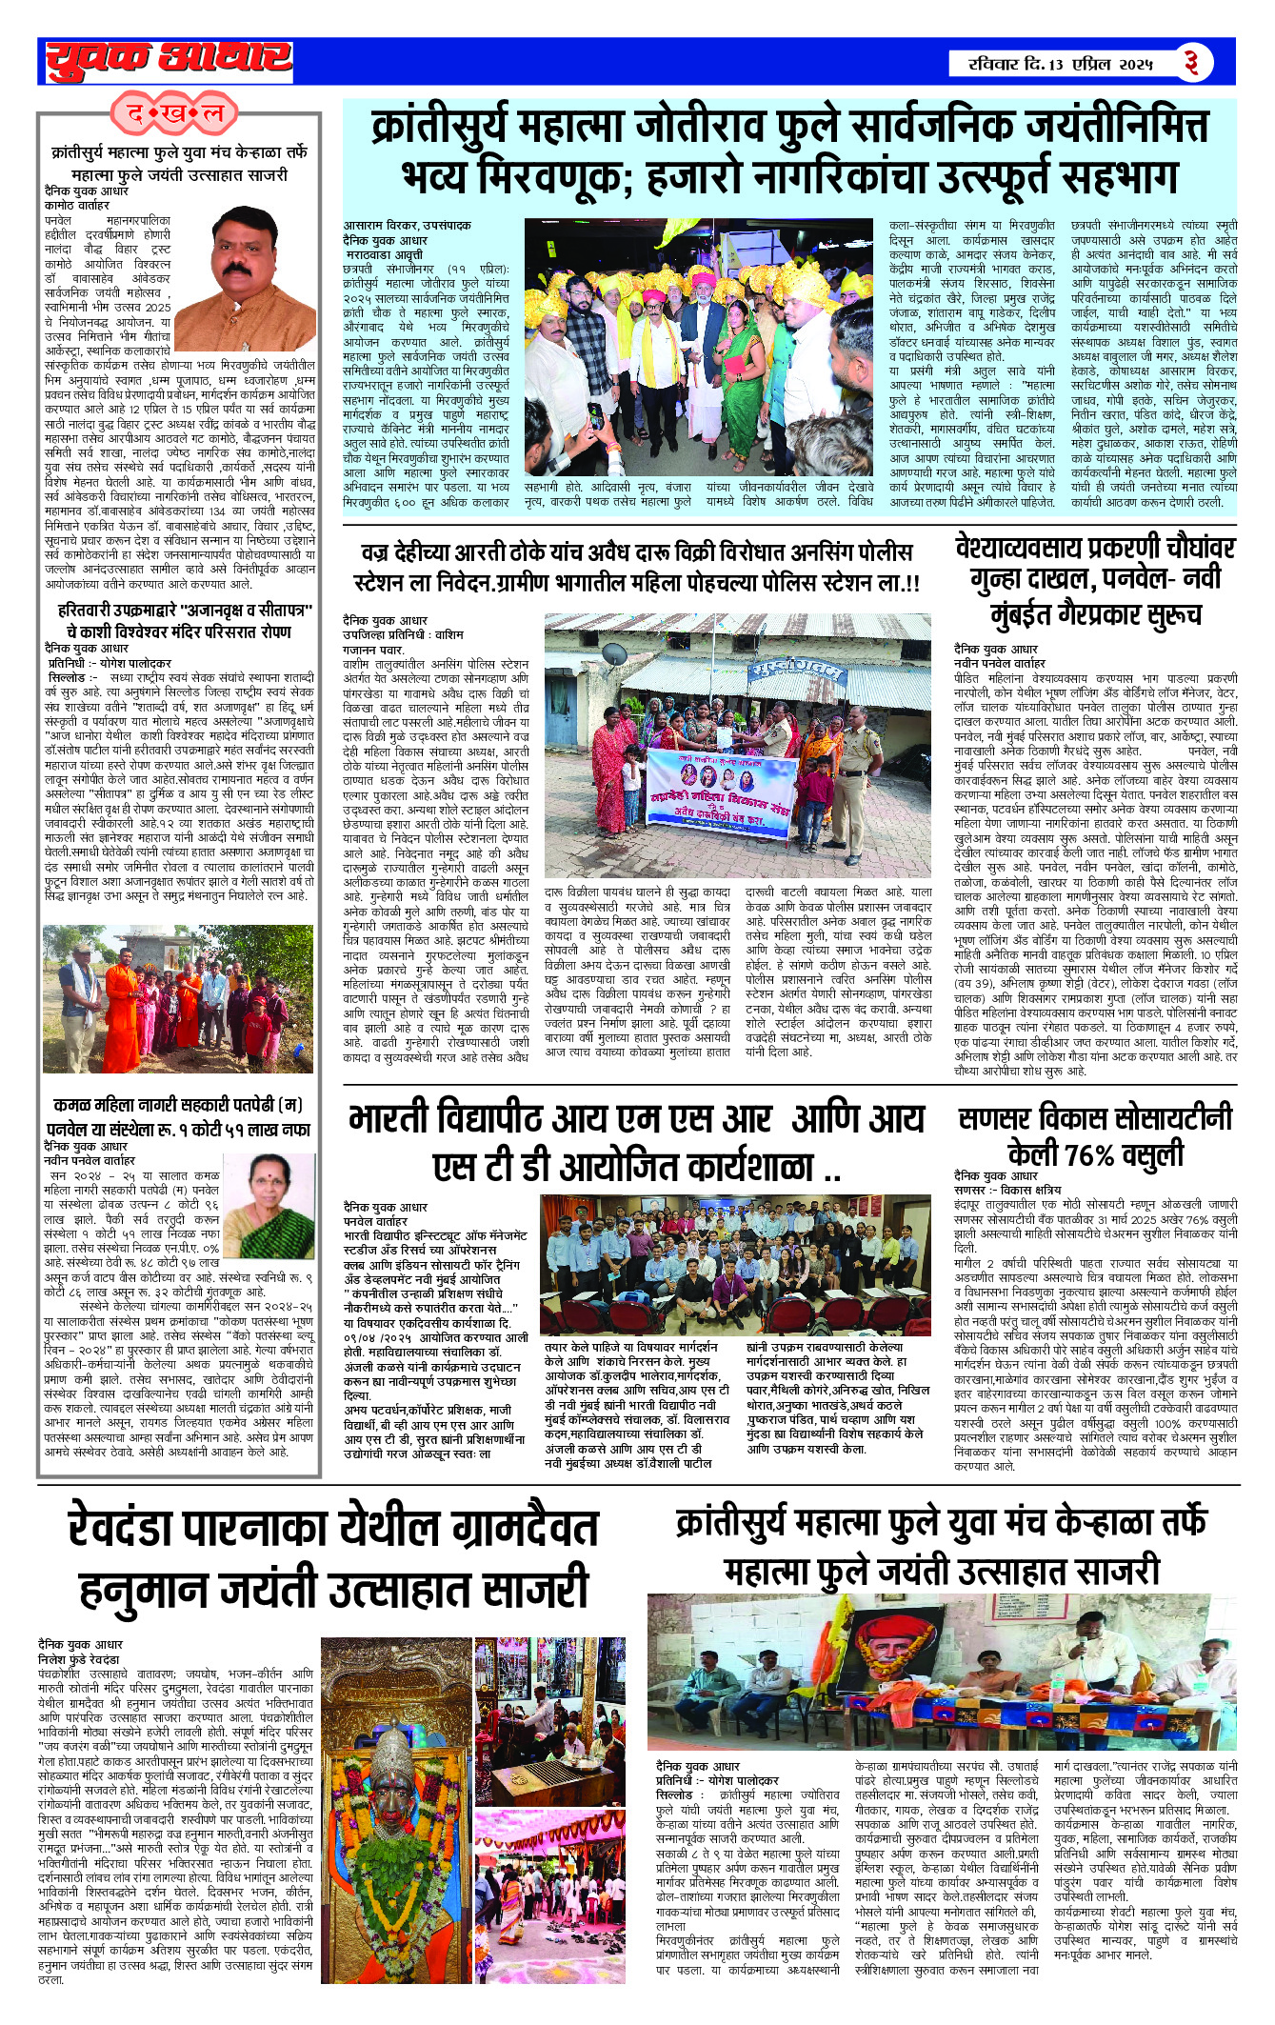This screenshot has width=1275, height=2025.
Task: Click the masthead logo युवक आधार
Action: point(169,60)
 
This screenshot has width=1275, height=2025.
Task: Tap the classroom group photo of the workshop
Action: point(734,1263)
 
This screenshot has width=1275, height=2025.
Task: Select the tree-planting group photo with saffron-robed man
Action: point(178,998)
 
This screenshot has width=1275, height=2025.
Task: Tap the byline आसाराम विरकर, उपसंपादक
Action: point(407,226)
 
